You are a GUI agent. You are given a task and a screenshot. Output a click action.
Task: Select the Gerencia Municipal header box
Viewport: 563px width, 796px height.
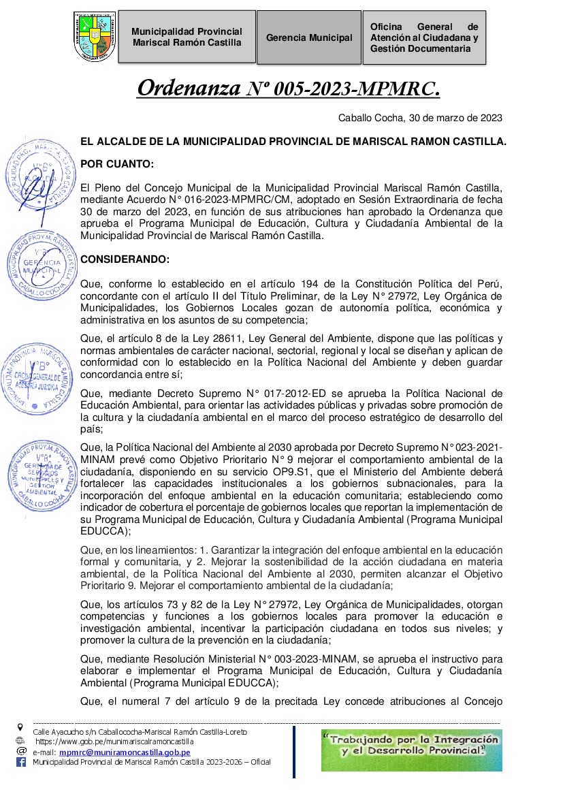coord(309,37)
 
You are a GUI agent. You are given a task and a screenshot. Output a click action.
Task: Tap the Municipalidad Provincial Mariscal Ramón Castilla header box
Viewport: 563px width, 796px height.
coord(187,37)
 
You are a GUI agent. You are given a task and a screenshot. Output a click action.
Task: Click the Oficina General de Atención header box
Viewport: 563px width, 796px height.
coord(424,37)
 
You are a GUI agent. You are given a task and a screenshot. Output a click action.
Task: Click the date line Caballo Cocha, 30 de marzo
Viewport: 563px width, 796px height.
coord(420,118)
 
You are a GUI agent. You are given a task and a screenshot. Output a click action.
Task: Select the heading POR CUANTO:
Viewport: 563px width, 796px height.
coord(117,164)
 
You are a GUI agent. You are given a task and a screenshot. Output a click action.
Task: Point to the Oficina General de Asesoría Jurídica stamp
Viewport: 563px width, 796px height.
coord(39,377)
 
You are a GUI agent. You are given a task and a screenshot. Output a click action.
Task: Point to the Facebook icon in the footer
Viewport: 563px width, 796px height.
coord(20,763)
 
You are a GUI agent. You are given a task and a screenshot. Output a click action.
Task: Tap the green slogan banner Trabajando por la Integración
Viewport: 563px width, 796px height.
coord(411,749)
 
